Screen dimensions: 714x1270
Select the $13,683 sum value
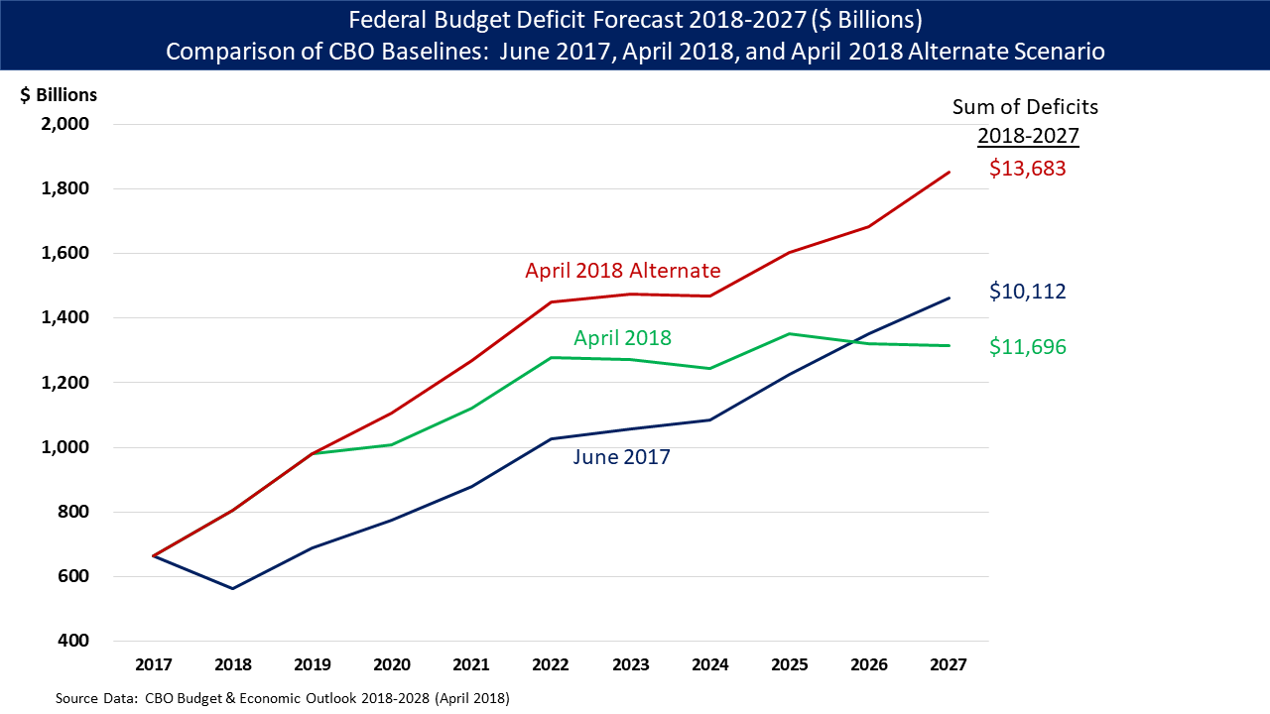pyautogui.click(x=1027, y=169)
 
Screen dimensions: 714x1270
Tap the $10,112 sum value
pyautogui.click(x=1027, y=292)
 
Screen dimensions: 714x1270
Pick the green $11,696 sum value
pyautogui.click(x=1027, y=347)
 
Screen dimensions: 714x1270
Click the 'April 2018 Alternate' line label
pyautogui.click(x=622, y=271)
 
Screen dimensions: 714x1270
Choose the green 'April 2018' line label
pyautogui.click(x=622, y=338)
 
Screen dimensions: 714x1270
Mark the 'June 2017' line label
pyautogui.click(x=621, y=457)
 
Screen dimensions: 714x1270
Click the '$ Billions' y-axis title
pyautogui.click(x=59, y=95)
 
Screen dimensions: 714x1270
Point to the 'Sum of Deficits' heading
pyautogui.click(x=1025, y=107)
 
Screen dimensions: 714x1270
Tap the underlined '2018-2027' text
pyautogui.click(x=1028, y=136)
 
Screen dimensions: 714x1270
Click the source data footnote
pyautogui.click(x=283, y=698)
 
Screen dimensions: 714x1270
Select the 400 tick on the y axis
pyautogui.click(x=73, y=641)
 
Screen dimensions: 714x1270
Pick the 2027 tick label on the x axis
pyautogui.click(x=950, y=664)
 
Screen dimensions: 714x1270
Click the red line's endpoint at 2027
pyautogui.click(x=950, y=173)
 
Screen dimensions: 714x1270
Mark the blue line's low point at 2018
pyautogui.click(x=233, y=588)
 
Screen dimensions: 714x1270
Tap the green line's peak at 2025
pyautogui.click(x=790, y=334)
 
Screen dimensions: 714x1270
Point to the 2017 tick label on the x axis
pyautogui.click(x=154, y=664)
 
